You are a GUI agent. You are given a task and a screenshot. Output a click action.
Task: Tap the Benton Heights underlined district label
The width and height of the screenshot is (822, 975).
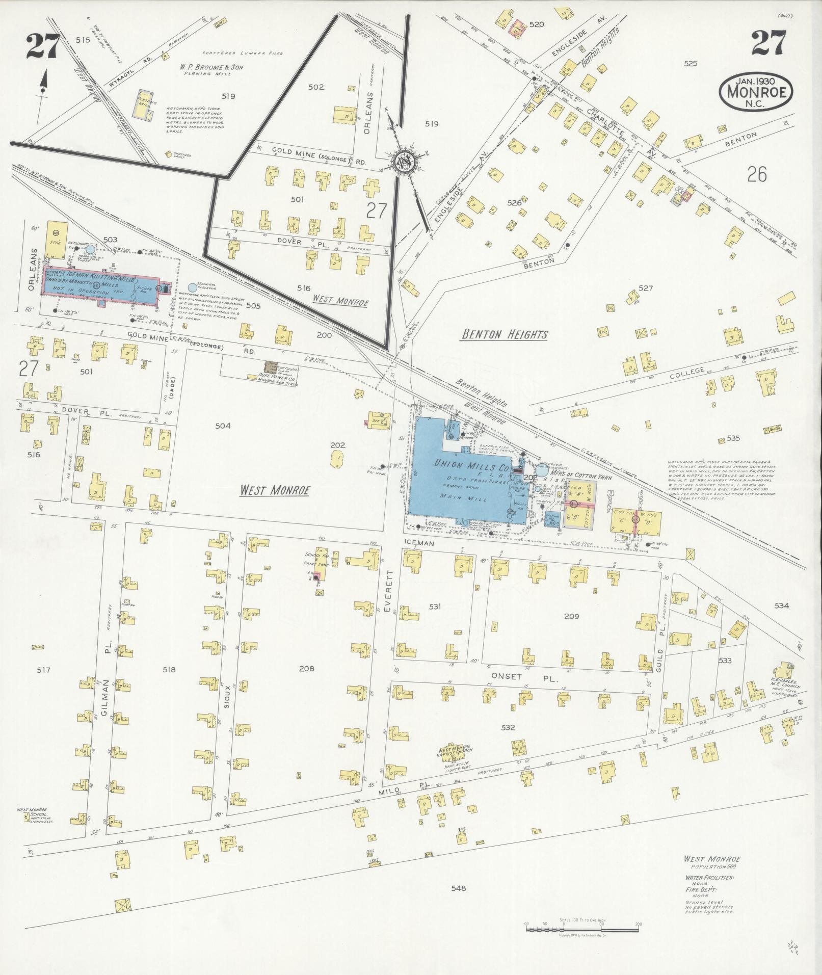click(x=504, y=334)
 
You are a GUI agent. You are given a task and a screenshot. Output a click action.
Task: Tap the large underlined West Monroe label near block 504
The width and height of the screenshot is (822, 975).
click(x=275, y=490)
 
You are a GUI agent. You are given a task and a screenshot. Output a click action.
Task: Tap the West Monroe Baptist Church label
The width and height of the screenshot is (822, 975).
click(x=456, y=751)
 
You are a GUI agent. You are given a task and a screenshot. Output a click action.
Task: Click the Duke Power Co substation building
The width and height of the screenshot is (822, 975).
click(x=271, y=366)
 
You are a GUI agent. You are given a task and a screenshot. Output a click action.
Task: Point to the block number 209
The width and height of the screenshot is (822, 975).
click(x=571, y=616)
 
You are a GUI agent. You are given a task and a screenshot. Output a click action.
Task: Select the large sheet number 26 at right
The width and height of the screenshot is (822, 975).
click(x=757, y=175)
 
